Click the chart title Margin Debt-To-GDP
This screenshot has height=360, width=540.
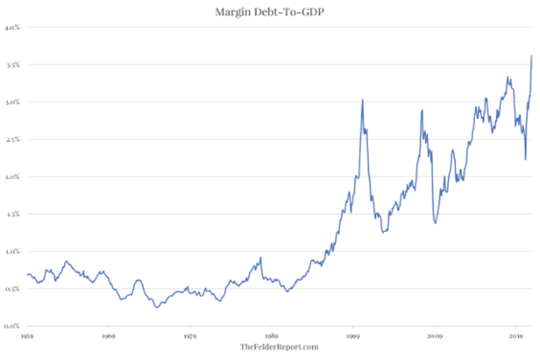(x=270, y=12)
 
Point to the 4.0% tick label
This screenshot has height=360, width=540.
(x=12, y=27)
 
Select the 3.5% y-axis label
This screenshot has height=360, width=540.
(x=12, y=65)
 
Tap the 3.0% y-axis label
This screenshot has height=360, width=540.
(x=12, y=102)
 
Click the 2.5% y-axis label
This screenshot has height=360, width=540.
(x=12, y=139)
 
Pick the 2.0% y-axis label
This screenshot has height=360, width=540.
(x=12, y=177)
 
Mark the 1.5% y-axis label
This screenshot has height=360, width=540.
(x=12, y=214)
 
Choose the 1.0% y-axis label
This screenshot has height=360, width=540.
(x=12, y=252)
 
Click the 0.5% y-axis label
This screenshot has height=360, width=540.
(x=12, y=289)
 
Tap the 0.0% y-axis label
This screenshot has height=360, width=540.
(x=12, y=326)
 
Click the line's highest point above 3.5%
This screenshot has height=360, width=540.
(x=531, y=55)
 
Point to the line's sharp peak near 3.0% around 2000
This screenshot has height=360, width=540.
(x=362, y=100)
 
